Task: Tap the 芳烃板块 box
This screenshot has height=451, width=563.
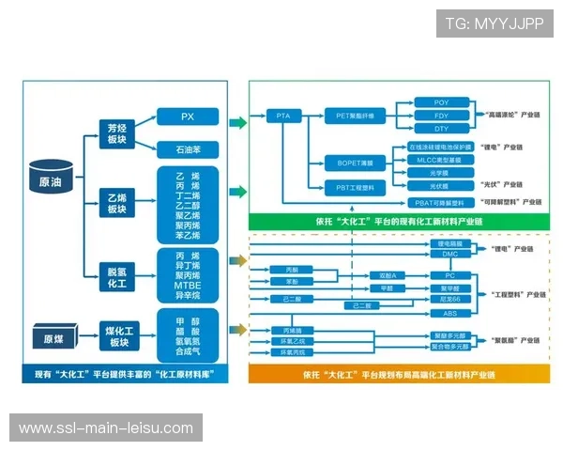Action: point(116,132)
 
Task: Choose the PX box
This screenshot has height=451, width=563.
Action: point(187,117)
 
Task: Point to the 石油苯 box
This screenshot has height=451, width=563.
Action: point(187,148)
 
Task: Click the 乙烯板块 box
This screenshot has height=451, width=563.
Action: point(116,202)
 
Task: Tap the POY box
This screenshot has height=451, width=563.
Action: point(441,101)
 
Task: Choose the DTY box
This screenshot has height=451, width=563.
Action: point(441,128)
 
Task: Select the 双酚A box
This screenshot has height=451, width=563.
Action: point(387,275)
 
